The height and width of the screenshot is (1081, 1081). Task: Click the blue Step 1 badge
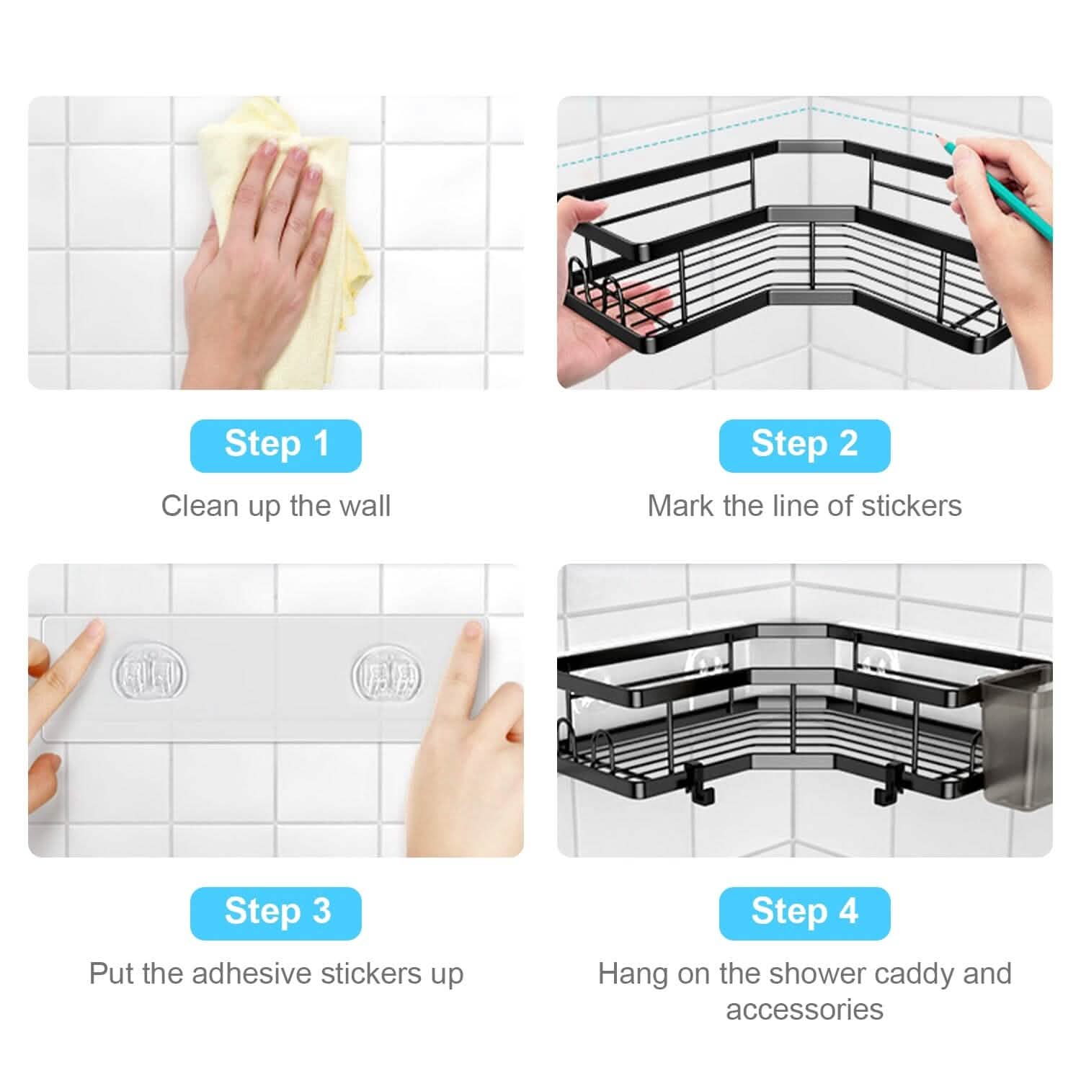(x=275, y=445)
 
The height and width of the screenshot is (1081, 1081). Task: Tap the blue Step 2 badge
(x=804, y=445)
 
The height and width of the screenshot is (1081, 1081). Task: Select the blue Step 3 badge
(x=275, y=912)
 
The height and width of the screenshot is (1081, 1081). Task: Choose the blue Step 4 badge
(x=804, y=912)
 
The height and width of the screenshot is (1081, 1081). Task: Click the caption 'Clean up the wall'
(x=275, y=506)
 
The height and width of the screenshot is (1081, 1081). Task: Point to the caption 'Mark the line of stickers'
(x=804, y=506)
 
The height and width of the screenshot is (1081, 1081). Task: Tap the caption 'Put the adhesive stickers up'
(x=275, y=974)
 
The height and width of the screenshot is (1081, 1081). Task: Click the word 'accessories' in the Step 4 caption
(x=804, y=1010)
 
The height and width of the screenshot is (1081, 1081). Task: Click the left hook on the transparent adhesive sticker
(x=149, y=675)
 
